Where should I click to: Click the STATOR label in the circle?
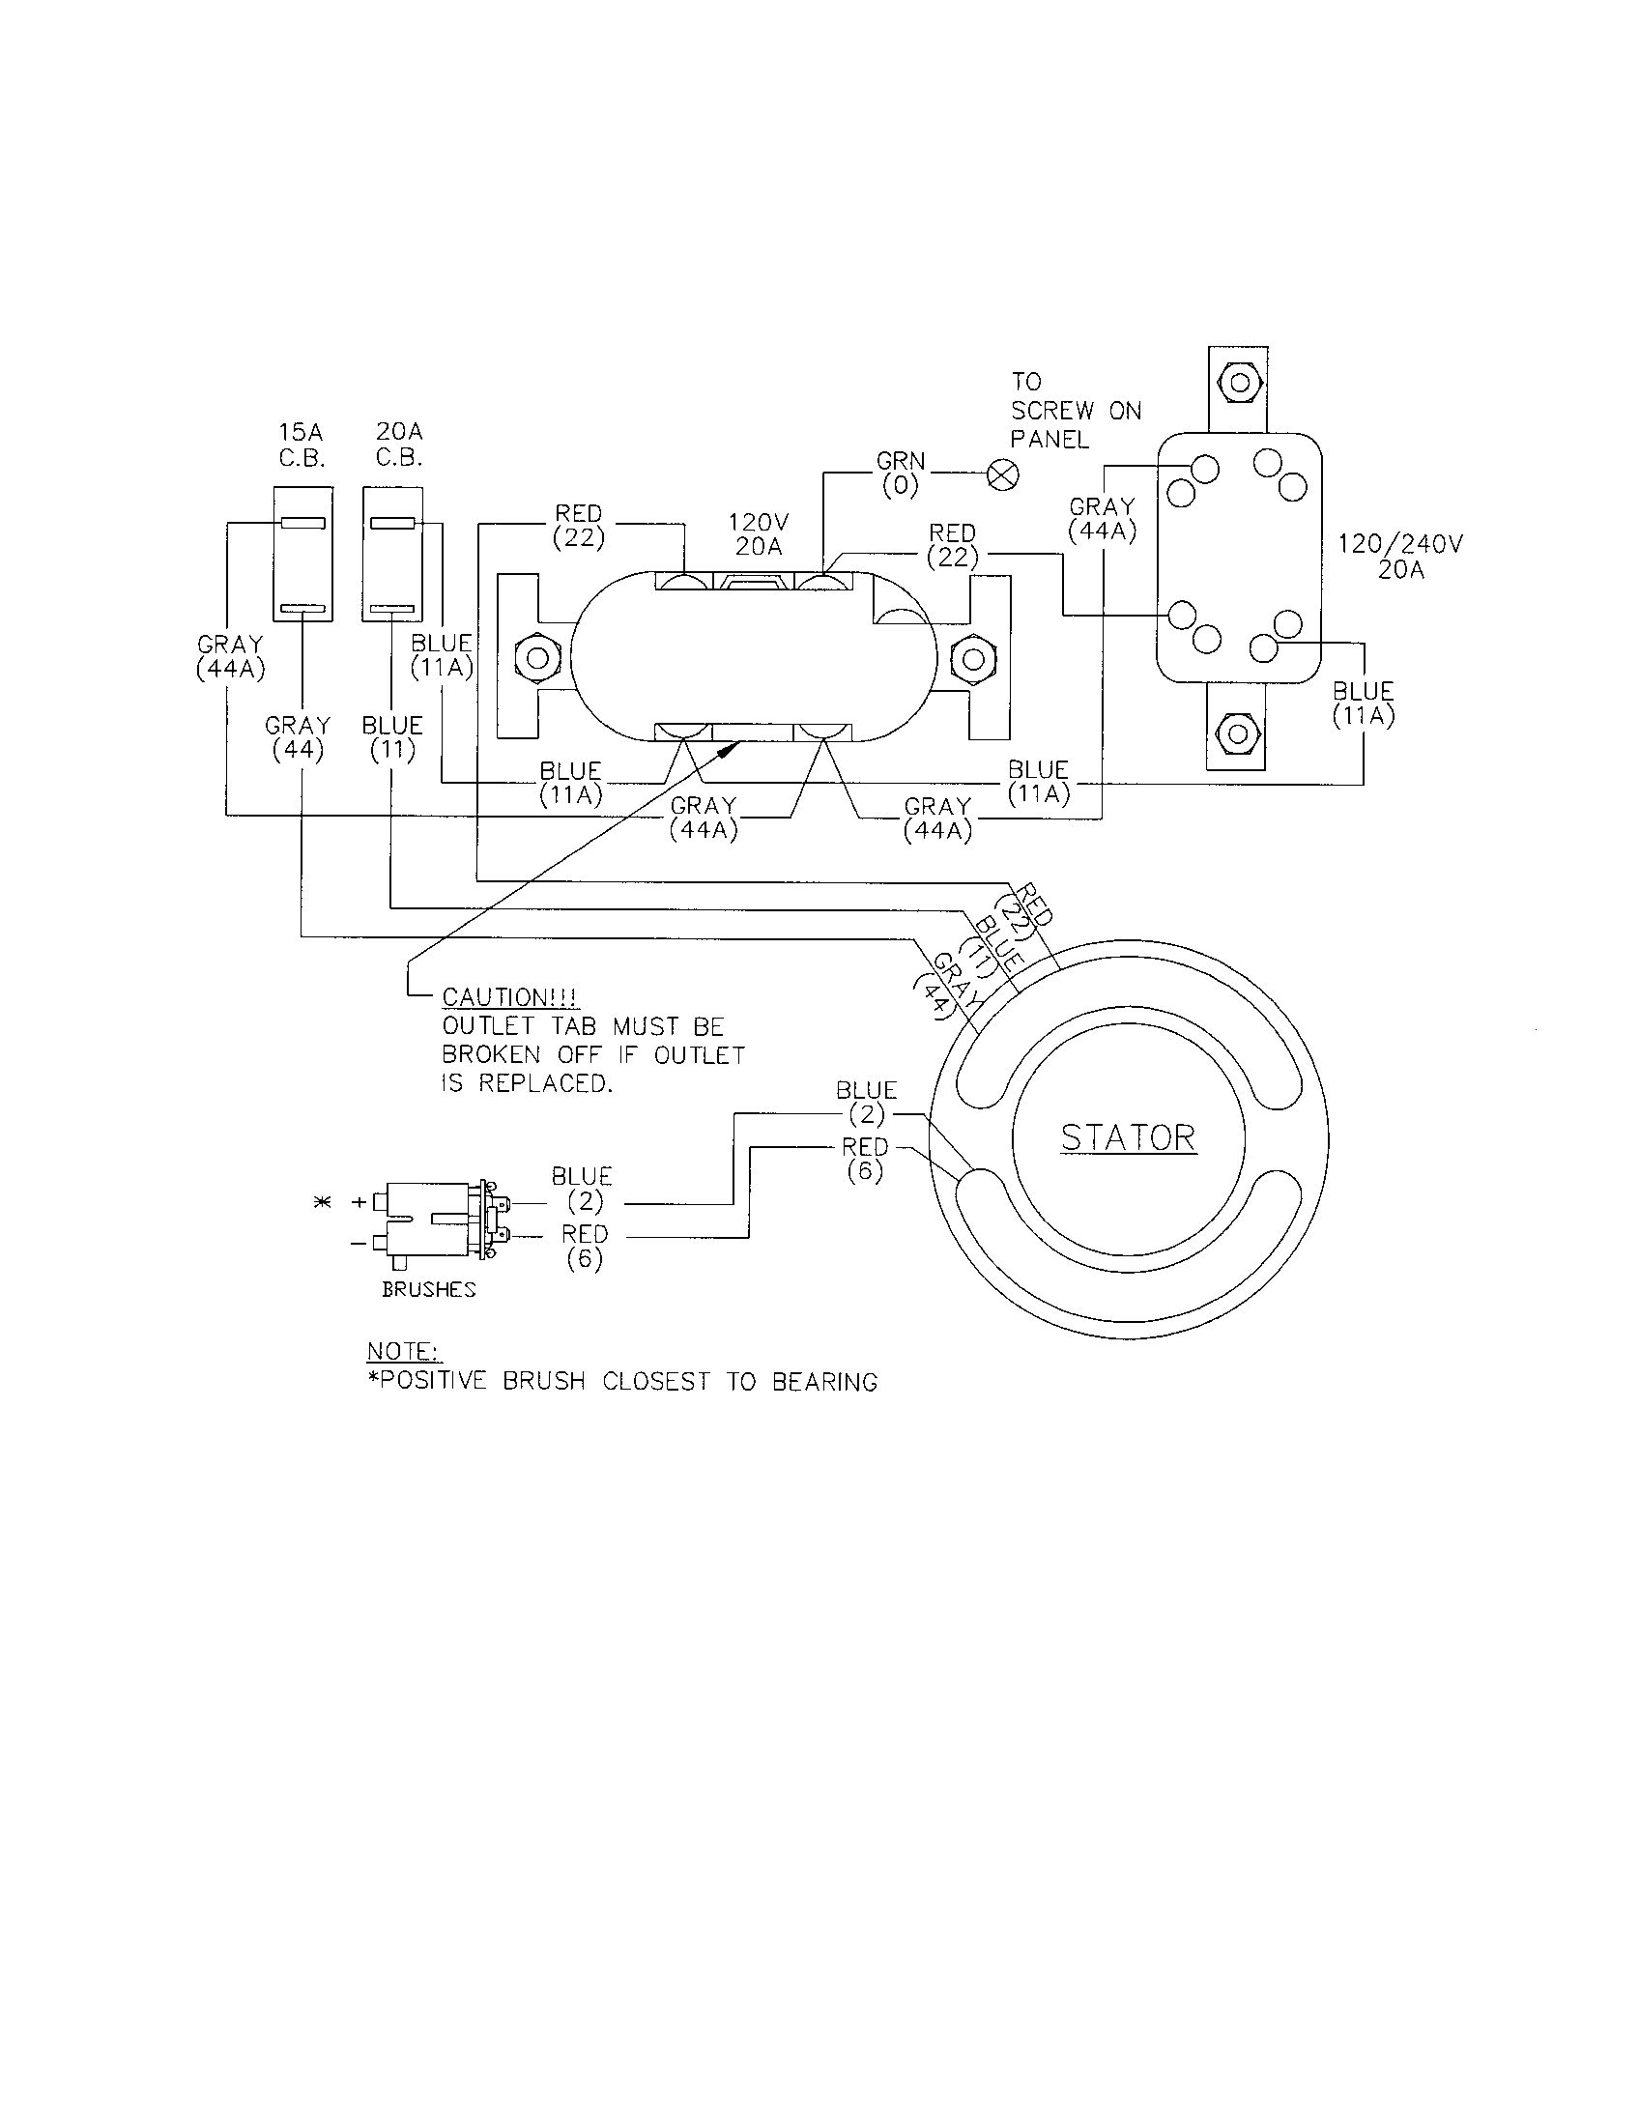click(1128, 1138)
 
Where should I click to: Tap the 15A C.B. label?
click(302, 445)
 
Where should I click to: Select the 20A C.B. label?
click(399, 445)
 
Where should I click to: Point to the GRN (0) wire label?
click(901, 474)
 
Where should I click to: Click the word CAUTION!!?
click(510, 998)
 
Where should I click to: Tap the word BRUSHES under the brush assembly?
click(429, 1290)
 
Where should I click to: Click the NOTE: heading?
click(404, 1351)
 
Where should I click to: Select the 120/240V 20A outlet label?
click(1400, 557)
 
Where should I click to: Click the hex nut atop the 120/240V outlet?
click(1239, 383)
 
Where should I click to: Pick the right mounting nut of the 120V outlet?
click(971, 658)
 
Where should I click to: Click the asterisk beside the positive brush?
click(322, 1203)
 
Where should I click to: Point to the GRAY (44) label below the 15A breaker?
click(298, 738)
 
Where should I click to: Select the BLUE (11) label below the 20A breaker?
click(392, 738)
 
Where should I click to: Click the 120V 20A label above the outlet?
click(759, 534)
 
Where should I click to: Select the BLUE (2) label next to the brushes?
click(582, 1189)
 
